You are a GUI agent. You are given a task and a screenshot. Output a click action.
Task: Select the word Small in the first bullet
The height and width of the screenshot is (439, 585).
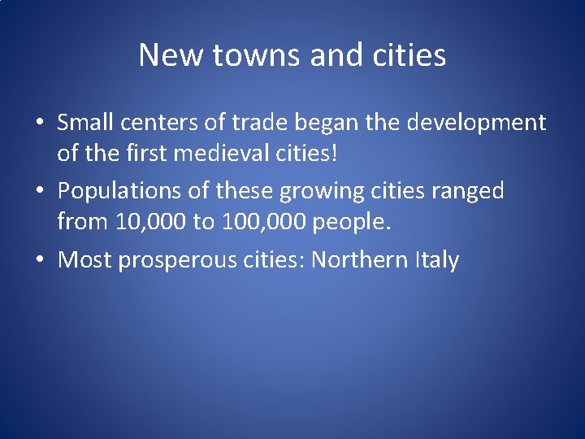[85, 123]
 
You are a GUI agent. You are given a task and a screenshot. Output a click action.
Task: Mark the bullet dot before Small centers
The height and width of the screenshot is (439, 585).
[39, 124]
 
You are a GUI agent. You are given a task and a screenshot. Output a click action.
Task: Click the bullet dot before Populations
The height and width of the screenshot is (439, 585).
[39, 192]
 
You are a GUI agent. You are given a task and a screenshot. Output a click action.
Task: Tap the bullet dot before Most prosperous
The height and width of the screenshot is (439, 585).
[39, 260]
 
